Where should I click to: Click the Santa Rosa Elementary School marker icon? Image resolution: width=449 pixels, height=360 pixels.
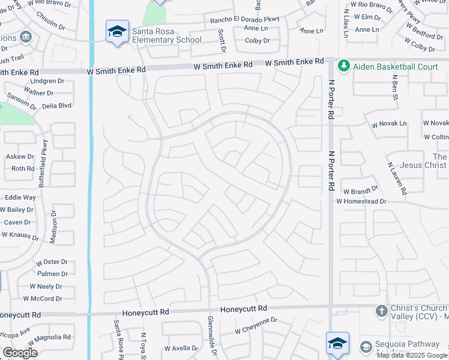pos(117,32)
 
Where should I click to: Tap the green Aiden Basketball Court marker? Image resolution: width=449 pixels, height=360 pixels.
pos(344,66)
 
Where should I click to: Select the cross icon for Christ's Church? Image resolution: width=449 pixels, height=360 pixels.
pos(381,311)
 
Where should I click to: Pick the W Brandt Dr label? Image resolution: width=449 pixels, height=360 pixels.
pos(361,191)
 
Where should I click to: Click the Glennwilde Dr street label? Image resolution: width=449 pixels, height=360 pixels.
pos(211,337)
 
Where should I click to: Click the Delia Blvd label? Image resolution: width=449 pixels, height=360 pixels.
pos(56,106)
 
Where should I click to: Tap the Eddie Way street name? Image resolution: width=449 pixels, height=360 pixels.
pos(20,197)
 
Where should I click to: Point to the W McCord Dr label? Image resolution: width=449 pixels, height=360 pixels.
pos(43,298)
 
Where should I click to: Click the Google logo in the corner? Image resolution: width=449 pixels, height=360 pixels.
pos(20,352)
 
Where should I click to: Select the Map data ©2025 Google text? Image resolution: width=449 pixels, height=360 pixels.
pos(412,355)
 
